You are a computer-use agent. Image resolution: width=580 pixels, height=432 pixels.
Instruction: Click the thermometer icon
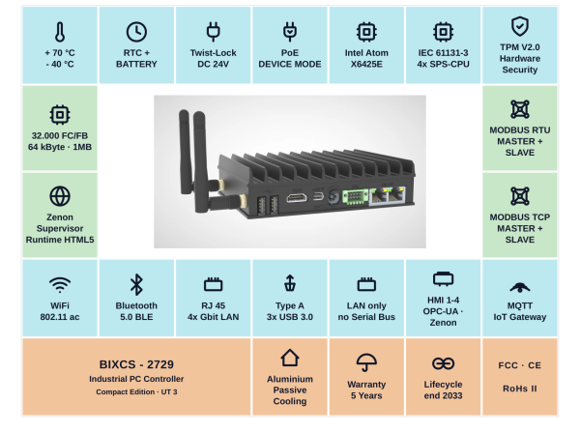(60, 32)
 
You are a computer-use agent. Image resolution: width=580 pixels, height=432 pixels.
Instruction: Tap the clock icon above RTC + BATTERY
(136, 32)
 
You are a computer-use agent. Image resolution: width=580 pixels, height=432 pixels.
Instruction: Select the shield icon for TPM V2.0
(520, 26)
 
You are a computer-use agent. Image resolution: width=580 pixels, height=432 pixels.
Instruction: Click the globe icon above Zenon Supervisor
(60, 196)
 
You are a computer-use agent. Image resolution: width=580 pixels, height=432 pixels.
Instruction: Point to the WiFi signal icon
(60, 285)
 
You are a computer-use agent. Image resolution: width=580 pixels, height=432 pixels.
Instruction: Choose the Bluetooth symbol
(136, 284)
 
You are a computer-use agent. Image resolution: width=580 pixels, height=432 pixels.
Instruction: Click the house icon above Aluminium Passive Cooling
(290, 358)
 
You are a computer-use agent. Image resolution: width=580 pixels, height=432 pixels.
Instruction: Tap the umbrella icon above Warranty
(366, 362)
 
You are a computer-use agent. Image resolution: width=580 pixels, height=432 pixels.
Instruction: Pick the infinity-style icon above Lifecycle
(443, 363)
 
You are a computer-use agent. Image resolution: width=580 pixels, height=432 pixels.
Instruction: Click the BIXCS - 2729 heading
(136, 364)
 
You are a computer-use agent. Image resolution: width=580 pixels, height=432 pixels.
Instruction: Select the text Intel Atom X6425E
(366, 58)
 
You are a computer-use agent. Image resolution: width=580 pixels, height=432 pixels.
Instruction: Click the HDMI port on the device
(297, 198)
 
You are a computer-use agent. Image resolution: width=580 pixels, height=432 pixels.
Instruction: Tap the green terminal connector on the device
(355, 196)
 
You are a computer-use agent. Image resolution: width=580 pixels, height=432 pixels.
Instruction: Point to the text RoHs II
(520, 389)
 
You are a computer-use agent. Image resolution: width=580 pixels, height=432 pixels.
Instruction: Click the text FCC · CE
(520, 365)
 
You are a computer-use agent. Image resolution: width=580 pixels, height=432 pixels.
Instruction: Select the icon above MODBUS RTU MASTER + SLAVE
(520, 109)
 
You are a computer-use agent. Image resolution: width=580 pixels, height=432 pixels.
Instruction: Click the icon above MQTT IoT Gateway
(520, 287)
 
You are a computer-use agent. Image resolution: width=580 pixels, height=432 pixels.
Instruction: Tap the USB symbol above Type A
(290, 283)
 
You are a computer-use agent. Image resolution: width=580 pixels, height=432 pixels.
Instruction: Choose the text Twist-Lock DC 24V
(213, 58)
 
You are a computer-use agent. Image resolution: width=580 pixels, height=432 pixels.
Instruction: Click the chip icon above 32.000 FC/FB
(60, 115)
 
